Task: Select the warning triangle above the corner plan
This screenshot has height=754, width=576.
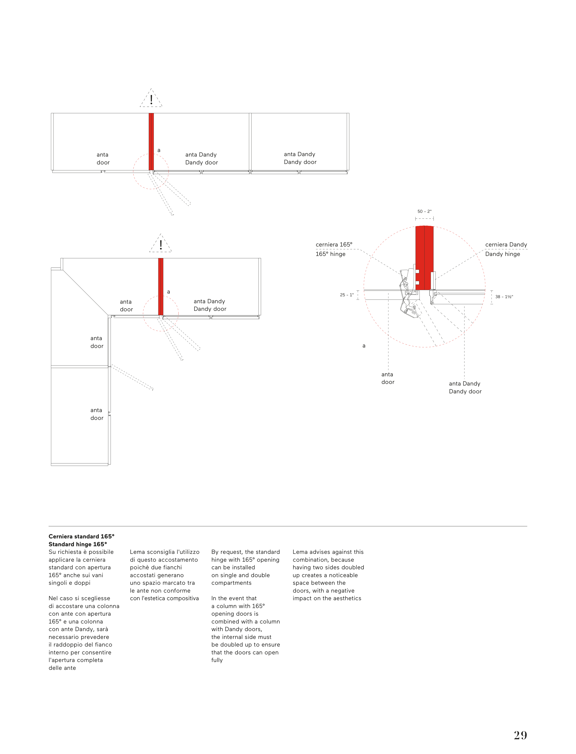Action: click(160, 244)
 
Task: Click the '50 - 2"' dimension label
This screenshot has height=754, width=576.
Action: click(424, 211)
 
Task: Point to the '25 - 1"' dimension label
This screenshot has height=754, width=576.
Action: click(347, 295)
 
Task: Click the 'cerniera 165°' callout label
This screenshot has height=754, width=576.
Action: click(334, 245)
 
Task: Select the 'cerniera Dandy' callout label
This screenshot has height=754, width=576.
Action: click(506, 245)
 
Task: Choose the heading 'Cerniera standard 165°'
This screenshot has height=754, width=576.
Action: click(81, 536)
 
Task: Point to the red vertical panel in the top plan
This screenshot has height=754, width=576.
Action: click(151, 141)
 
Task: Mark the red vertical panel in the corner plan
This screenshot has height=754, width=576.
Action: click(161, 286)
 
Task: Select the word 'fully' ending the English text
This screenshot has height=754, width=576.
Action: click(217, 660)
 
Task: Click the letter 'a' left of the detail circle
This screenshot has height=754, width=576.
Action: click(364, 346)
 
